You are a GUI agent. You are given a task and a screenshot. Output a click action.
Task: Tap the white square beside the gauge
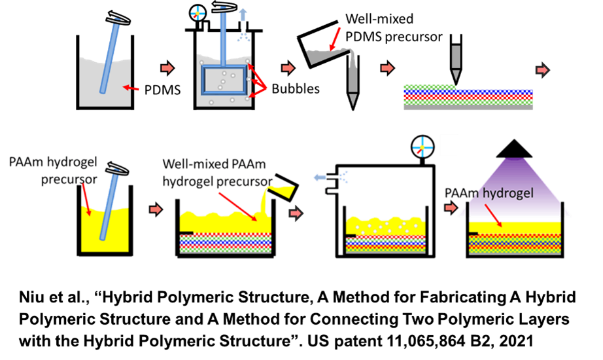(x=449, y=145)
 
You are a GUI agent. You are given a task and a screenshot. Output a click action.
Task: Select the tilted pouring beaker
(x=285, y=186)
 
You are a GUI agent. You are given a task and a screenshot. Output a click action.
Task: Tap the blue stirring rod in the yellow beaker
(x=107, y=209)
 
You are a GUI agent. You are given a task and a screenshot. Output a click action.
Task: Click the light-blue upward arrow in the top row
(x=243, y=15)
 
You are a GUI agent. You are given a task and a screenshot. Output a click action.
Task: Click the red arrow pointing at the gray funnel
(x=336, y=39)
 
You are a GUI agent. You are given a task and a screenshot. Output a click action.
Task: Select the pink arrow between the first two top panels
(x=167, y=68)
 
